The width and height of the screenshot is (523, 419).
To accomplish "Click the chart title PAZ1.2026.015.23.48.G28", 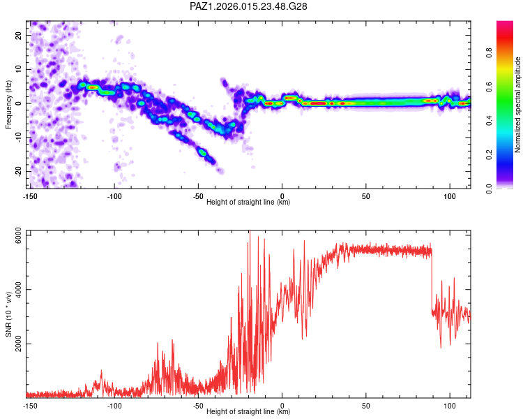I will pyautogui.click(x=248, y=6).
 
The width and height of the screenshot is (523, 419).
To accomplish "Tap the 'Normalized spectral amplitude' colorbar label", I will pyautogui.click(x=518, y=105).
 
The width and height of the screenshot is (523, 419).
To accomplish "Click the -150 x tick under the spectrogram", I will pyautogui.click(x=30, y=195).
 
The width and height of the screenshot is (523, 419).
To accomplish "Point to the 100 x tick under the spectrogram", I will pyautogui.click(x=449, y=195).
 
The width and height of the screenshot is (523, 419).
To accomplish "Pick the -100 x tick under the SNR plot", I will pyautogui.click(x=114, y=405).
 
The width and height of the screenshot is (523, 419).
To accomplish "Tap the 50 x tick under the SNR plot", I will pyautogui.click(x=365, y=405).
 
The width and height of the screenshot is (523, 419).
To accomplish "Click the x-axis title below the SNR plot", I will pyautogui.click(x=248, y=412).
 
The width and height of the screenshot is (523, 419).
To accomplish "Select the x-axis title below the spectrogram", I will pyautogui.click(x=248, y=202).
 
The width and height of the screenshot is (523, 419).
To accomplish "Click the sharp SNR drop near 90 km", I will pyautogui.click(x=432, y=279).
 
